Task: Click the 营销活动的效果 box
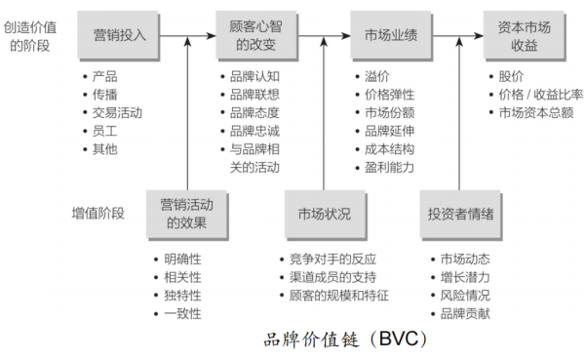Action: (x=184, y=214)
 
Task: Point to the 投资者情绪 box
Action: (x=460, y=214)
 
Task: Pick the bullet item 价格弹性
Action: (x=387, y=95)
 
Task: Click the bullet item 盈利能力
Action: (x=387, y=167)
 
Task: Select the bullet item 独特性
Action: (x=181, y=295)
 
